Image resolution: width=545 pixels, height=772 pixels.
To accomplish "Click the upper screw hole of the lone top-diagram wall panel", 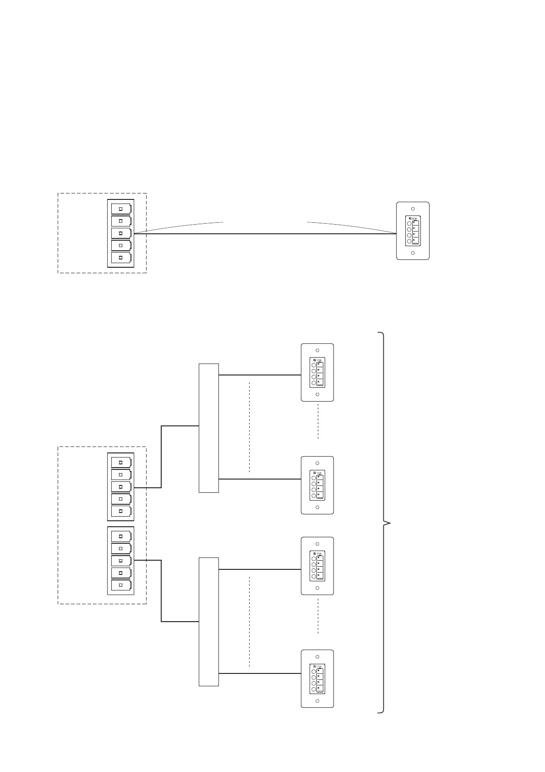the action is tap(413, 209).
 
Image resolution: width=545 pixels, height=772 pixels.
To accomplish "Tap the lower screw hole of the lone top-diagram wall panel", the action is tap(413, 253).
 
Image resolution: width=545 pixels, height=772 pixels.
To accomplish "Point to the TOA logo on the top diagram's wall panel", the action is tap(414, 219).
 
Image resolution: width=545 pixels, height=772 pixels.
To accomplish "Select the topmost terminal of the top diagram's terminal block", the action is tap(121, 209).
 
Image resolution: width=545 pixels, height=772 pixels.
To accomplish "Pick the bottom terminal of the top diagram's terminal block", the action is tap(121, 258).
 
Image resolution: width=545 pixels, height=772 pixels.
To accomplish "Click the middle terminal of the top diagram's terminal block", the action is tap(121, 233).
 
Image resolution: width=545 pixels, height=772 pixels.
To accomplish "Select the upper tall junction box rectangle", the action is tap(209, 428).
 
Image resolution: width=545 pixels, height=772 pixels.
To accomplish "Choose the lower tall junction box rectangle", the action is tap(209, 622).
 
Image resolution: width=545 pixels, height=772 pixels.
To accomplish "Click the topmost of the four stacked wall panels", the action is tap(317, 372).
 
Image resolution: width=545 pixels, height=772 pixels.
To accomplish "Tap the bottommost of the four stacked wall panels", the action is tap(317, 678).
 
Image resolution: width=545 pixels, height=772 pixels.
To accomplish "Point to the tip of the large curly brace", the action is tap(390, 523).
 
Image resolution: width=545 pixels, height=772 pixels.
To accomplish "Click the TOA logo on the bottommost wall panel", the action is tap(318, 667).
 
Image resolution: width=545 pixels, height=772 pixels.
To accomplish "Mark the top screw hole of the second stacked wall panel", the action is tap(317, 463).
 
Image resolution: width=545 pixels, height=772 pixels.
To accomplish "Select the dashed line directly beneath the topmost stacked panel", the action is tap(318, 421).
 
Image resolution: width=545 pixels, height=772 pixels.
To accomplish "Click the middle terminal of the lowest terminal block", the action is tap(121, 561).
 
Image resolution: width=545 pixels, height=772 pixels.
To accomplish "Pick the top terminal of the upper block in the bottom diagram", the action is tap(121, 462).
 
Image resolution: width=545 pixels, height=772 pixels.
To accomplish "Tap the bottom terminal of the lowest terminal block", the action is tap(121, 585).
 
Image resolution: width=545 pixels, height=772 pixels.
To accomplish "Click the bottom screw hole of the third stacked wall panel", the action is tap(317, 588).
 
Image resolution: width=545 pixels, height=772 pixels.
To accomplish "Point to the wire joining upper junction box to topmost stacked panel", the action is tap(260, 375).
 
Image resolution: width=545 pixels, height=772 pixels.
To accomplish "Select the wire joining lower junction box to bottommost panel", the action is tap(260, 673).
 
